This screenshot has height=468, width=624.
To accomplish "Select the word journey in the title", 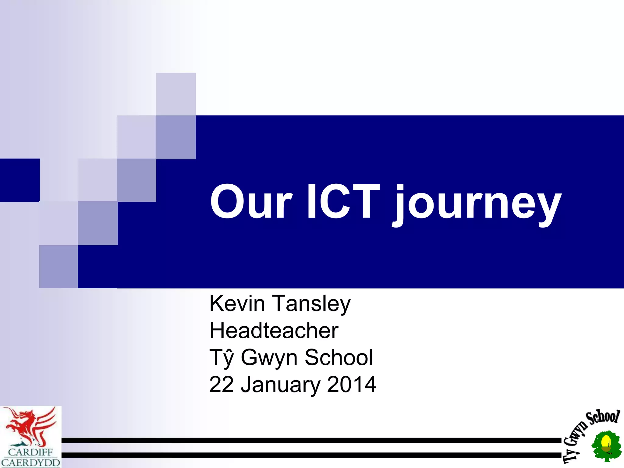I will click(x=477, y=204).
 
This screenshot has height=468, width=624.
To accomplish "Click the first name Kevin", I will click(x=237, y=303).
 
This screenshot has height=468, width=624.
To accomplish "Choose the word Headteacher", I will click(x=274, y=331).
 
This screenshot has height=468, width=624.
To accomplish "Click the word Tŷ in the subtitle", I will click(x=222, y=358).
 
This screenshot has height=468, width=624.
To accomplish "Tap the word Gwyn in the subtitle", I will click(x=269, y=358).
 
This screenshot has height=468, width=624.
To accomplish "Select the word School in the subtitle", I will click(x=339, y=357).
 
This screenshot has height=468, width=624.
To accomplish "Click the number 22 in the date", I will click(x=222, y=384).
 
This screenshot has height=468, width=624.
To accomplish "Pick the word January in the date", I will click(x=280, y=385).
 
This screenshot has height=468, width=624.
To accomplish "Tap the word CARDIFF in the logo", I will click(x=30, y=452).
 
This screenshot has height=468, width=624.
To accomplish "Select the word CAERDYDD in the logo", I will click(x=30, y=462).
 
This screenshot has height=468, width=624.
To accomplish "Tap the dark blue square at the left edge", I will click(x=19, y=180).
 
